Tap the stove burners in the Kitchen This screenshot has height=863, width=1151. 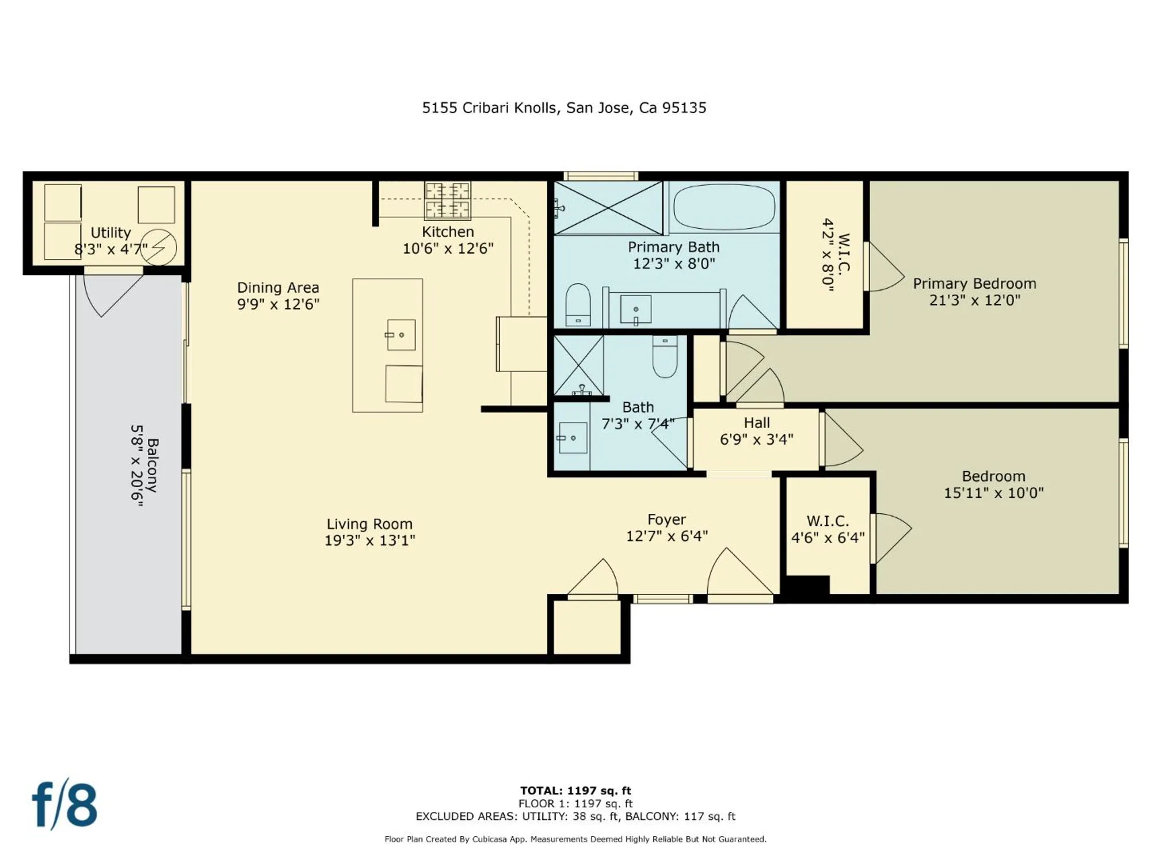click(x=447, y=201)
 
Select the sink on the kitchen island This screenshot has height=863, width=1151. click(x=401, y=335)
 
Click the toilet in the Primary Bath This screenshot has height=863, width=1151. click(x=578, y=304)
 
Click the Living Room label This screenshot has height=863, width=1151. click(x=369, y=524)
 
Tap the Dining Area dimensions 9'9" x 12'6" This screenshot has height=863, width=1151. click(x=278, y=304)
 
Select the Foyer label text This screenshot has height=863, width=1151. click(x=666, y=520)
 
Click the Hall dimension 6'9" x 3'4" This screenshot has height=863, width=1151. click(x=756, y=440)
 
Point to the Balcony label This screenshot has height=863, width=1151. click(x=153, y=465)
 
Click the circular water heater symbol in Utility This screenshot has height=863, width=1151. click(x=159, y=247)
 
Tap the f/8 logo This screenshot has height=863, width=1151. click(x=64, y=804)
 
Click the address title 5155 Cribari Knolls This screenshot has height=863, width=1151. click(x=563, y=108)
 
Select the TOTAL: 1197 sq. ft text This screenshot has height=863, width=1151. click(x=575, y=791)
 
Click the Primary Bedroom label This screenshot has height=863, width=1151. click(x=974, y=284)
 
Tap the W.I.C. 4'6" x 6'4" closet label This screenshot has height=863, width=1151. click(x=828, y=529)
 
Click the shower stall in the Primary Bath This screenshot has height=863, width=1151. click(x=608, y=208)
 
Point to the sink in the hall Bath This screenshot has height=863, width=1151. click(x=573, y=438)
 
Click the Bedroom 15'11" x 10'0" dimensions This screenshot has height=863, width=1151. click(x=993, y=493)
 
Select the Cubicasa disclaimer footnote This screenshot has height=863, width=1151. click(x=575, y=839)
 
